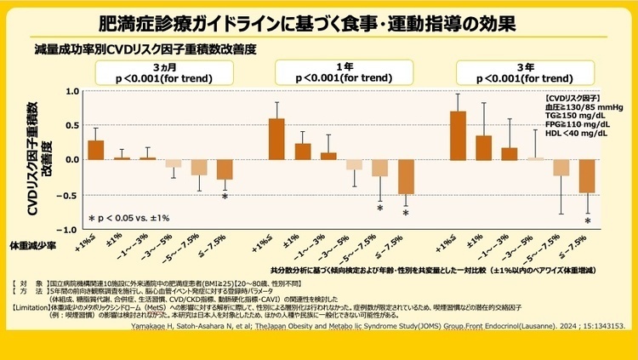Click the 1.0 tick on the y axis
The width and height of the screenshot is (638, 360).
point(71,91)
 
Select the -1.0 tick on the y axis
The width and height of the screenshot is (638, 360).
point(70,230)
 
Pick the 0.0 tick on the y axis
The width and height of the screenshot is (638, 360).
point(71,160)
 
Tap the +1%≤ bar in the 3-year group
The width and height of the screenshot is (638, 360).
point(458,135)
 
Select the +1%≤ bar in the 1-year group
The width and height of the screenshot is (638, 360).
point(276,139)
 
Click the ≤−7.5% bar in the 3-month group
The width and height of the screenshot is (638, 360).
point(224,169)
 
